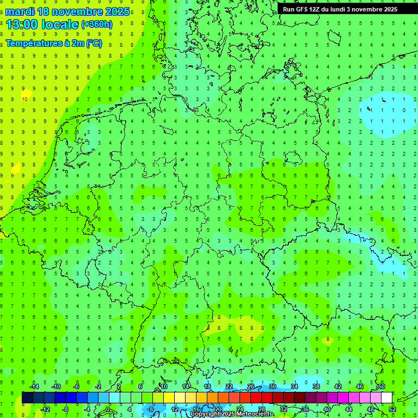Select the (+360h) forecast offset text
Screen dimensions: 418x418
click(x=97, y=24)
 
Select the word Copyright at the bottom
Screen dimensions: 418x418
click(x=206, y=414)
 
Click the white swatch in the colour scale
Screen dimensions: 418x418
click(x=386, y=398)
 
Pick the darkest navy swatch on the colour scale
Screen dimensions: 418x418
click(x=27, y=398)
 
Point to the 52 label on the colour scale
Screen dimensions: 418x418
click(x=392, y=409)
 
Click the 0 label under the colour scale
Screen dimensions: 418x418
click(x=108, y=409)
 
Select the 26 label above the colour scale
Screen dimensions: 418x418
click(x=250, y=386)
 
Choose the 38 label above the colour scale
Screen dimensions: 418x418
click(x=316, y=386)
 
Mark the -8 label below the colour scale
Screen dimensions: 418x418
click(x=65, y=409)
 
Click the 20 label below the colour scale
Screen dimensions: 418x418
click(x=218, y=409)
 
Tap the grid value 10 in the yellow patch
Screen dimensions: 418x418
click(x=24, y=99)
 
